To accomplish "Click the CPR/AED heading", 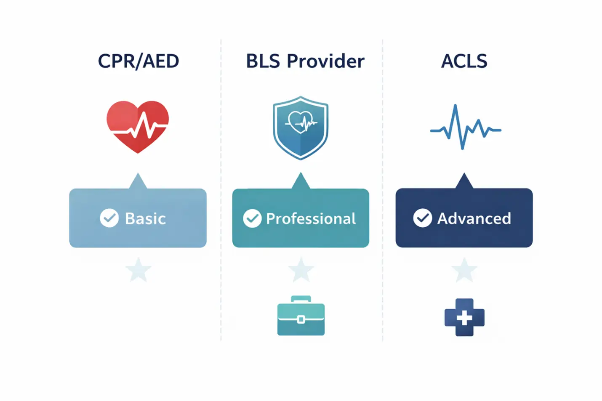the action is click(x=139, y=61).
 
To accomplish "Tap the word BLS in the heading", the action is click(x=263, y=61).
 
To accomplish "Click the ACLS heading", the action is click(x=464, y=61).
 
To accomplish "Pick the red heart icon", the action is click(x=138, y=127).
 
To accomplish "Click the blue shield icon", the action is click(x=301, y=128).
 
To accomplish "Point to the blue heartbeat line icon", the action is click(x=466, y=127).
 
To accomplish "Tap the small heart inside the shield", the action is click(x=301, y=122).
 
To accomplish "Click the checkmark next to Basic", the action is click(x=109, y=218).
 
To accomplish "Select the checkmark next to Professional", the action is click(x=252, y=218).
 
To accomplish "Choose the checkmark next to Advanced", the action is click(x=423, y=218).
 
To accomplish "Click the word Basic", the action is click(x=145, y=218).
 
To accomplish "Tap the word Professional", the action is click(x=311, y=218).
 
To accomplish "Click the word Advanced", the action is click(x=474, y=218).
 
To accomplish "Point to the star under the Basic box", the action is click(x=139, y=270).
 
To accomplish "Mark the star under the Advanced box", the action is click(x=464, y=270).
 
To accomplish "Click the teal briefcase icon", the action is click(x=301, y=316).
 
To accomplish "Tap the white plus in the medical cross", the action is click(x=464, y=318).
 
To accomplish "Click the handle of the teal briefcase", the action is click(x=301, y=299).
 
